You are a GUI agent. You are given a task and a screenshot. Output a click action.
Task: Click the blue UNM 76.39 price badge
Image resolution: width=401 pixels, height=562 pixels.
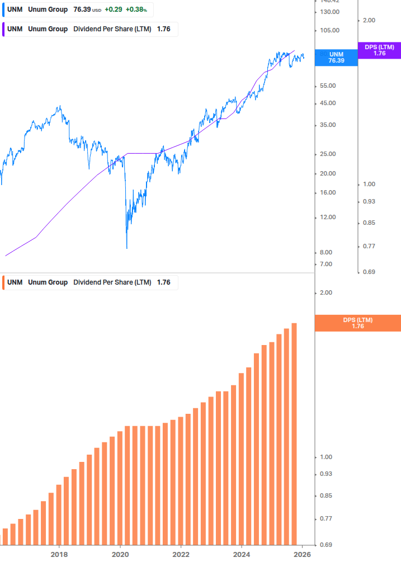336,58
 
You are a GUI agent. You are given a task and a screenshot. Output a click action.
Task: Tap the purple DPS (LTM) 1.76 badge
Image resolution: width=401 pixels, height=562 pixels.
379,50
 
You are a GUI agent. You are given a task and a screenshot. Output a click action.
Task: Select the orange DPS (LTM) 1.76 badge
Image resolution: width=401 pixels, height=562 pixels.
358,323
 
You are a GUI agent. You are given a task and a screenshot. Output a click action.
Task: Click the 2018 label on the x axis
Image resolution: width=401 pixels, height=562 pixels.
59,554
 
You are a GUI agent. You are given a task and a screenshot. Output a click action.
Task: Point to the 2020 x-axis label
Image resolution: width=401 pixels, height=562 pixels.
120,554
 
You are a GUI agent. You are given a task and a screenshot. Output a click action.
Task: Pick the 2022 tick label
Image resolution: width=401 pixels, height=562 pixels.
181,554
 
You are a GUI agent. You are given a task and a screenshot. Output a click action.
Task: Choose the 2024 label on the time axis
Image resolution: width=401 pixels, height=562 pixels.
242,554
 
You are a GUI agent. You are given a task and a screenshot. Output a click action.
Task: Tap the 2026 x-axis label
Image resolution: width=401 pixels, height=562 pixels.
303,554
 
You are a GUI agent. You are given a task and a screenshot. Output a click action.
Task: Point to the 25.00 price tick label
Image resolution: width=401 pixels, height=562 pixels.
328,154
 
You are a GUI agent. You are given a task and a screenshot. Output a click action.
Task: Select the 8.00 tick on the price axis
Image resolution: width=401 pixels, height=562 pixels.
327,253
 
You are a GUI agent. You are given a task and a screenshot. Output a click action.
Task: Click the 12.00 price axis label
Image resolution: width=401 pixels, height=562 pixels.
328,217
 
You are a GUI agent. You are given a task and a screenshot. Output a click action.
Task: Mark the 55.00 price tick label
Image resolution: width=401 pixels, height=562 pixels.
328,86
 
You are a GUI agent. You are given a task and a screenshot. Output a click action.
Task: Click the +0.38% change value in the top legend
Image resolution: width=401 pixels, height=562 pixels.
136,10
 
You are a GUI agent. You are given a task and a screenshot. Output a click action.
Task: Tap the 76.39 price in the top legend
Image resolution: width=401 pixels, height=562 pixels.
82,10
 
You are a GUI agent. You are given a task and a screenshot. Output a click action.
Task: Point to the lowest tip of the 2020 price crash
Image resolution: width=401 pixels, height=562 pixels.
127,248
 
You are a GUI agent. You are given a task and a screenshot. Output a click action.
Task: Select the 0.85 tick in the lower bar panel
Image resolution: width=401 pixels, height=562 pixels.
325,496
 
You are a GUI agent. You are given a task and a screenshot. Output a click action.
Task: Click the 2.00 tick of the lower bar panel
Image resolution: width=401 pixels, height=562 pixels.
325,293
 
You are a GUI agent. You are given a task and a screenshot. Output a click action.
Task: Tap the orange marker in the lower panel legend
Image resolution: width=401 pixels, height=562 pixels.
3,282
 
